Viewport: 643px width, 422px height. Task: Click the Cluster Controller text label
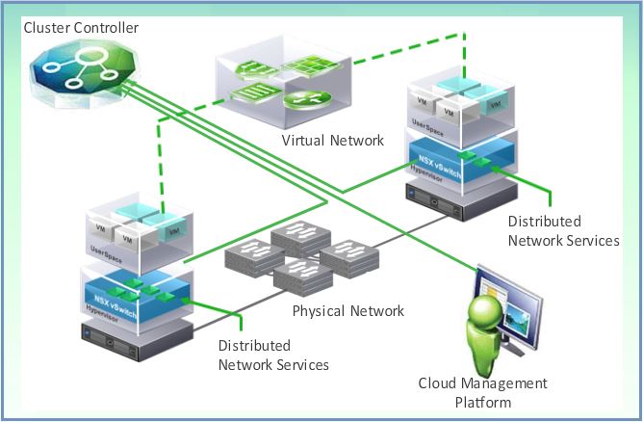81,28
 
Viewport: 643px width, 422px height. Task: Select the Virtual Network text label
332,141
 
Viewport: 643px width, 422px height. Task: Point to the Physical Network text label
348,311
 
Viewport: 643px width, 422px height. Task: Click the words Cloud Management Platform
482,392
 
